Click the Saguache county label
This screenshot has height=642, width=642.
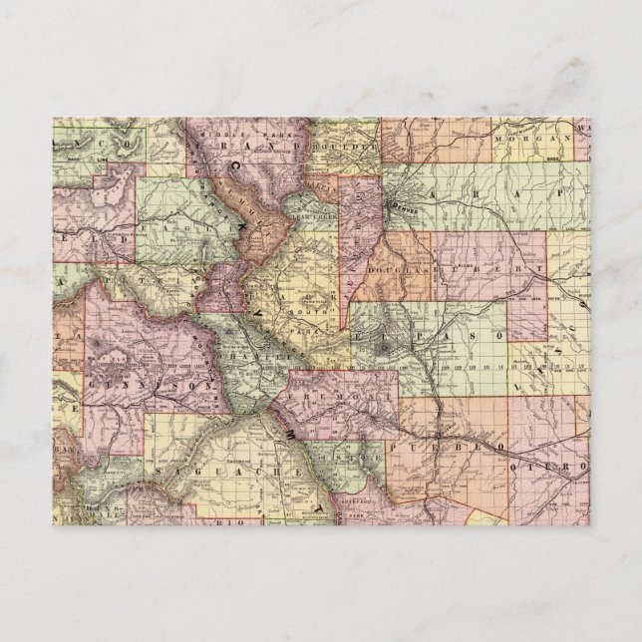click(228, 467)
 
